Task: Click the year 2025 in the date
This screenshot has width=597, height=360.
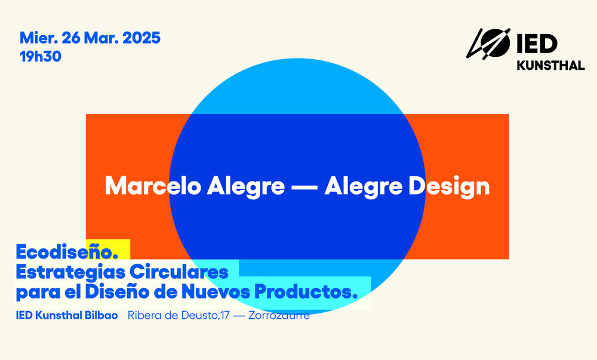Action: pyautogui.click(x=141, y=38)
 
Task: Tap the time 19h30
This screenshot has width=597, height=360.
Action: pyautogui.click(x=41, y=56)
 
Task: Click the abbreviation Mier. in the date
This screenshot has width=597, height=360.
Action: pyautogui.click(x=39, y=38)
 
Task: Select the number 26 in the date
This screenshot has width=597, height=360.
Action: pyautogui.click(x=71, y=38)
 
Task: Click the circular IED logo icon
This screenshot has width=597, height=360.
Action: pyautogui.click(x=488, y=44)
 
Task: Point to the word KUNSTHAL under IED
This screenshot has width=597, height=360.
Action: pyautogui.click(x=550, y=66)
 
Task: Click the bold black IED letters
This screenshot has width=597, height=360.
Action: pyautogui.click(x=537, y=44)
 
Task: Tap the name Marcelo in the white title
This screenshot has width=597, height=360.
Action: pyautogui.click(x=153, y=186)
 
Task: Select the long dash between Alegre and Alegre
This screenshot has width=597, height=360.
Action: pyautogui.click(x=304, y=187)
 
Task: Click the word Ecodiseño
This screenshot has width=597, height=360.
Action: pyautogui.click(x=67, y=252)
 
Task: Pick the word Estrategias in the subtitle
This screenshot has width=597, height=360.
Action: pyautogui.click(x=70, y=272)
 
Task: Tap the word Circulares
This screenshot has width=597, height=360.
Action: pyautogui.click(x=179, y=272)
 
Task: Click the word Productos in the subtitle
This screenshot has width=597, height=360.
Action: pyautogui.click(x=306, y=292)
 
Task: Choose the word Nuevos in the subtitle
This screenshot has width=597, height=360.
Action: pyautogui.click(x=216, y=292)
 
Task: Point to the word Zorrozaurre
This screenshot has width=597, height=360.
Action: pyautogui.click(x=279, y=315)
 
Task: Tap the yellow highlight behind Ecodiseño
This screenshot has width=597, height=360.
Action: pyautogui.click(x=108, y=250)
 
